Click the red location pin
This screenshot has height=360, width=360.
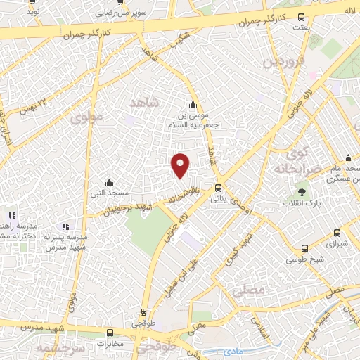point(181,165)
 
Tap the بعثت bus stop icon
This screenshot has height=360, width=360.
point(302,18)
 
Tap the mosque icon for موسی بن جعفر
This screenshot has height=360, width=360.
point(193,105)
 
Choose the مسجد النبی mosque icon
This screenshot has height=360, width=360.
point(108,183)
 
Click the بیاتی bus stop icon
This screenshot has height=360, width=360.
point(218,188)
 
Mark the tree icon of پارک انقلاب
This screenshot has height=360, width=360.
point(302,191)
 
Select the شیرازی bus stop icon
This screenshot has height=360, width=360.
point(337,233)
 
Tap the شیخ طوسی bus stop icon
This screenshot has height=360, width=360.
point(304,248)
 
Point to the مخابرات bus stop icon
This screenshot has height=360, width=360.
point(110,333)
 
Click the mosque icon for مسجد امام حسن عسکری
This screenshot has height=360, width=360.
point(348,158)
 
